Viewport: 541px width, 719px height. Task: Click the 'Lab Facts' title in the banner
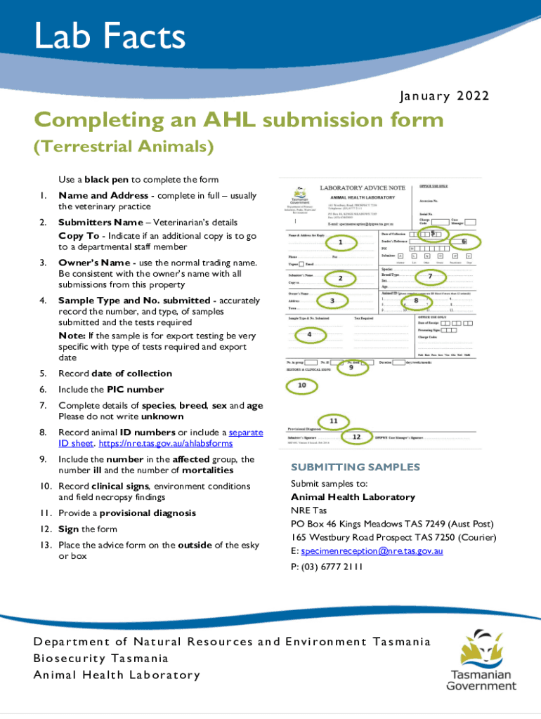click(110, 37)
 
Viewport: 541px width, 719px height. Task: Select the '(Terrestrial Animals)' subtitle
click(124, 147)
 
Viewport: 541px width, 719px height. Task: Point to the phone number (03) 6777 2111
click(327, 567)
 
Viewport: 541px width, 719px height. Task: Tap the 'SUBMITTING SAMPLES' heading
click(355, 467)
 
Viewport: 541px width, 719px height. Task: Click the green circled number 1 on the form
click(340, 243)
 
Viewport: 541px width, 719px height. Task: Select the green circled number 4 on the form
click(310, 335)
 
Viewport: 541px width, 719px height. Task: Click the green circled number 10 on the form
click(301, 385)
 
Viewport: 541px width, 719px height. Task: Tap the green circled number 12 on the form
click(356, 436)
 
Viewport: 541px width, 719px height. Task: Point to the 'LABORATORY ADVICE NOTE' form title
click(363, 188)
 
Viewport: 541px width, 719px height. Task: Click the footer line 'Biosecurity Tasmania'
click(101, 659)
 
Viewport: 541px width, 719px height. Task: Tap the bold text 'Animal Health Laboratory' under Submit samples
click(353, 497)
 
